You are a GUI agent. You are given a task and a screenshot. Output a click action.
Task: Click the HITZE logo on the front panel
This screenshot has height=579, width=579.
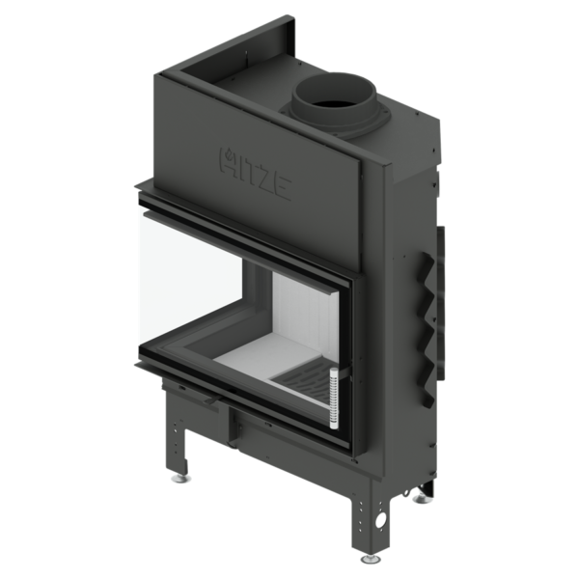(255, 174)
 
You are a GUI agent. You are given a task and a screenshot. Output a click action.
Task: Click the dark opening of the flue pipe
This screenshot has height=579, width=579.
(335, 99)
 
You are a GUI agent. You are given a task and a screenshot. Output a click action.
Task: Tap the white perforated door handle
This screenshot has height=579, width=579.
(334, 399)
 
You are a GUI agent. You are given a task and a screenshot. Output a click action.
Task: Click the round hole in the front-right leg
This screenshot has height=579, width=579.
(379, 521)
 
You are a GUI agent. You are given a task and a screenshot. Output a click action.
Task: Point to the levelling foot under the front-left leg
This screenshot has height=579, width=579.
(181, 479)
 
